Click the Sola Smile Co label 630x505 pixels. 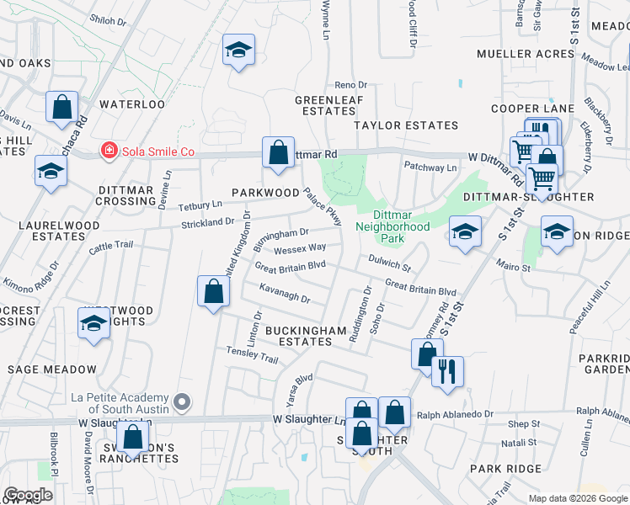(x=158, y=151)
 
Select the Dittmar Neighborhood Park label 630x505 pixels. (x=392, y=221)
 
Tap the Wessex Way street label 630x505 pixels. (x=300, y=248)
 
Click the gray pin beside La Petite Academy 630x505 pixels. (x=182, y=401)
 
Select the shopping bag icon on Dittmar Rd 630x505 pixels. (x=278, y=153)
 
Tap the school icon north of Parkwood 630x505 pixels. (x=238, y=50)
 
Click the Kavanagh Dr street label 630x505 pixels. (x=285, y=298)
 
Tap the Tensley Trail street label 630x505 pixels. (x=251, y=359)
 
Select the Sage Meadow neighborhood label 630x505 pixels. (x=52, y=369)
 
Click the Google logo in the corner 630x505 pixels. (x=28, y=495)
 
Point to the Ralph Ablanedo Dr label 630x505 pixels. (x=455, y=414)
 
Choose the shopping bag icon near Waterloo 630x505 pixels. (x=62, y=107)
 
